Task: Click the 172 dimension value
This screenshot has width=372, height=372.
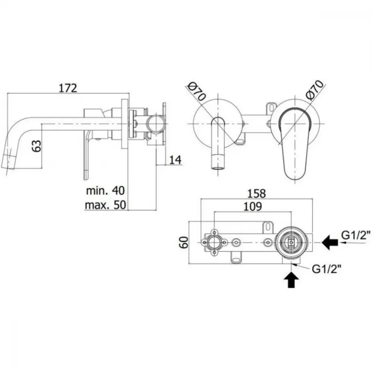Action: coord(68,88)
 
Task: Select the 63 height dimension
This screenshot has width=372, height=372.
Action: coord(36,146)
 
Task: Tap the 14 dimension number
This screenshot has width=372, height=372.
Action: coord(175,160)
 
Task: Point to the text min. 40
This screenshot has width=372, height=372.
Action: coord(105,190)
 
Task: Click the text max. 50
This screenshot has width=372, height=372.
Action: coord(105,205)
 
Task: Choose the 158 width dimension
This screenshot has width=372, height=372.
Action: coord(256,193)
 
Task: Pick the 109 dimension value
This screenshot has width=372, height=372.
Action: coord(253,206)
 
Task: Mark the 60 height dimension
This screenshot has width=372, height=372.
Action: coord(184,242)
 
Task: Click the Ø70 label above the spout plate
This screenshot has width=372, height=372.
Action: coord(197,92)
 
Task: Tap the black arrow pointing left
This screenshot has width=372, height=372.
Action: coord(330,243)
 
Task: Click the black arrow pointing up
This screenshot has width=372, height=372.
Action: coord(292,280)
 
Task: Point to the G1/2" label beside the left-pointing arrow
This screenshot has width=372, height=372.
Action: coord(356,235)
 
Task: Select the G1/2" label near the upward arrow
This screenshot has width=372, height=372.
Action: coord(327,269)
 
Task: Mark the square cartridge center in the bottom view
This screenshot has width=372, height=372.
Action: coord(291,243)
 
